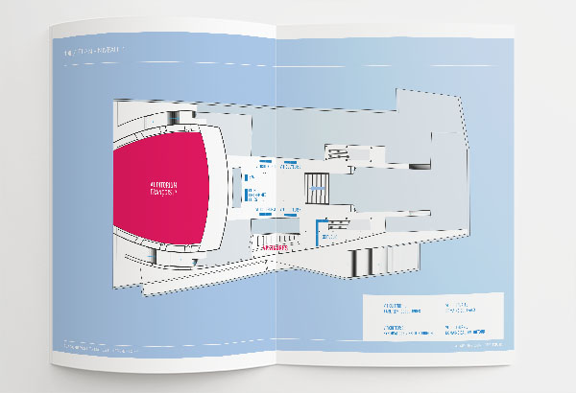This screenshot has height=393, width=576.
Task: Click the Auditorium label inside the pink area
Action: [167, 188]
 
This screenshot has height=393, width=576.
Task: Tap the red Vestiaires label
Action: [272, 245]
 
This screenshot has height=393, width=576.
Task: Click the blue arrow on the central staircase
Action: [316, 186]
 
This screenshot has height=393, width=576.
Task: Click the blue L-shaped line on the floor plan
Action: [319, 228]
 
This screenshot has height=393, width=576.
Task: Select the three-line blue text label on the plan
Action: [253, 196]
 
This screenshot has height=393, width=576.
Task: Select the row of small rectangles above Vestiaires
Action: [278, 231]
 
